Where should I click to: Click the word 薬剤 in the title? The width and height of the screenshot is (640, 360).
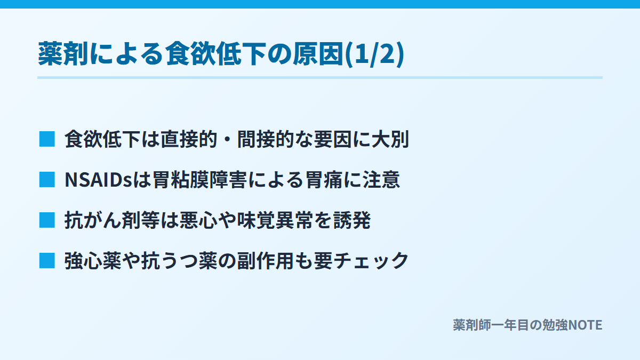(63, 54)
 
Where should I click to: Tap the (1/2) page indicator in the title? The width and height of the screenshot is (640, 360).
(374, 54)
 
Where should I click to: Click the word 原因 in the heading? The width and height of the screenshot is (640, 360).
(318, 54)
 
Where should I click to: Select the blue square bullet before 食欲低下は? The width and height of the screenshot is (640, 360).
(47, 139)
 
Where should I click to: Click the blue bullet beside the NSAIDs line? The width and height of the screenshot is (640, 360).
(47, 179)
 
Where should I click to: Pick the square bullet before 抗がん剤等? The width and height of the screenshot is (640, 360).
(47, 220)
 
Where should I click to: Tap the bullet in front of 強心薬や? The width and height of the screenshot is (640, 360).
(47, 261)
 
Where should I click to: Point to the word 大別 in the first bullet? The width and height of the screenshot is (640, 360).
(390, 139)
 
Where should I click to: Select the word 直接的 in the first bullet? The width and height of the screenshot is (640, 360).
(189, 139)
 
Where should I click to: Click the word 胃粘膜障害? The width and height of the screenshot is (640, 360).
(199, 180)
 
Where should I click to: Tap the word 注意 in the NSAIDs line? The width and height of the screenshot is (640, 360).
(381, 180)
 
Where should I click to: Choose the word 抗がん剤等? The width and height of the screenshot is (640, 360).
(112, 220)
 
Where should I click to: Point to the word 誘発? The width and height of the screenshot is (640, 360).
(352, 220)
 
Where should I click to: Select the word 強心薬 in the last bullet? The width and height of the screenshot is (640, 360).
(93, 261)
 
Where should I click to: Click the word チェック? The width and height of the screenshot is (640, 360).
(371, 261)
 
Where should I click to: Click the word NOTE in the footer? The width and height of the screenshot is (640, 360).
(585, 325)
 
